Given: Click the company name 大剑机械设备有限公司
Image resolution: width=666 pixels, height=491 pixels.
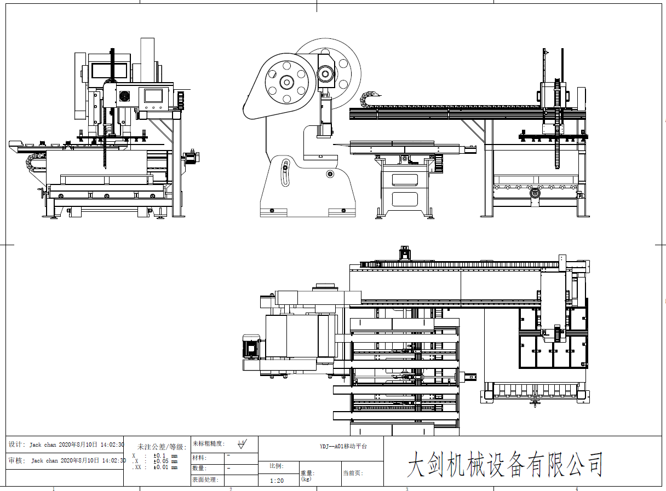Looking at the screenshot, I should (x=504, y=465).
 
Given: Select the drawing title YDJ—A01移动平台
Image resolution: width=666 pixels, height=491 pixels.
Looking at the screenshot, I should (x=343, y=446).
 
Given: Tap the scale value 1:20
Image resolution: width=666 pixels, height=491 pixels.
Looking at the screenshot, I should (x=277, y=481).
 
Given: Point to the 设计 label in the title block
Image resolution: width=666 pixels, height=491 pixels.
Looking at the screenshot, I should (x=16, y=444).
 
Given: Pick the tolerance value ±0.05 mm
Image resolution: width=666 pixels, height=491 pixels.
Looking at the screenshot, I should (x=165, y=461).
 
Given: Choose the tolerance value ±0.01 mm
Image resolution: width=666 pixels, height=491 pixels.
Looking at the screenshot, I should (x=165, y=467).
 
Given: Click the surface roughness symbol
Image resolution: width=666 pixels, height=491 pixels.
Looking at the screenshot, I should (x=242, y=443).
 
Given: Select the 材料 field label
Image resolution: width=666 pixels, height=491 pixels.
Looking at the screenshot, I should (x=199, y=458).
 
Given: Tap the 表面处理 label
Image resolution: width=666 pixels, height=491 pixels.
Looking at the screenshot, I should (x=205, y=480).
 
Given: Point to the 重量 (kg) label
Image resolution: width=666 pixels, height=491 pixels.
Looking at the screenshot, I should (x=307, y=475).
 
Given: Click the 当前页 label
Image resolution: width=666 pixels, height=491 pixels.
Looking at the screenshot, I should (x=353, y=473).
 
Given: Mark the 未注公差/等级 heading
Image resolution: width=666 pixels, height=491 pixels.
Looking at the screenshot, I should (x=162, y=447).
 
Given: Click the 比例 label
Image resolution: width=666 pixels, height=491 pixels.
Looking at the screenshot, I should (x=277, y=466).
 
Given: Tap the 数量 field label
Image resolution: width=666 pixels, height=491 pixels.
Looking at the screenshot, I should (x=199, y=469).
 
